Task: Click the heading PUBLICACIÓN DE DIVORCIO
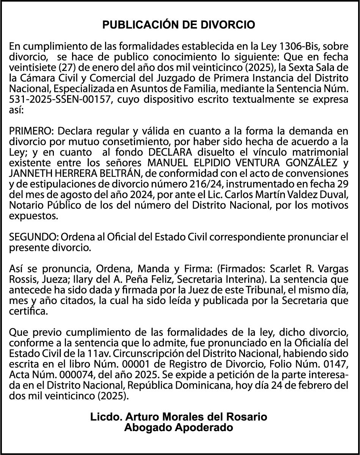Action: [179, 25]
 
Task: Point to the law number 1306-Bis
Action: [295, 47]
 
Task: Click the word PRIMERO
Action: [31, 131]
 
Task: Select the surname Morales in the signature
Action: [181, 417]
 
